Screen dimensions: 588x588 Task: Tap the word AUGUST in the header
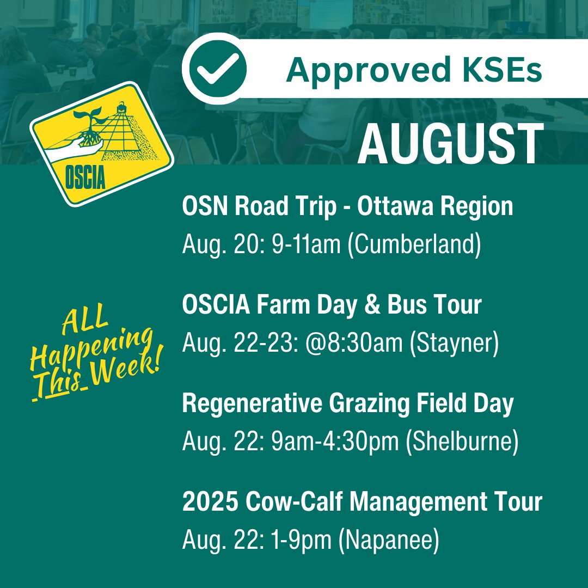[450, 144]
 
